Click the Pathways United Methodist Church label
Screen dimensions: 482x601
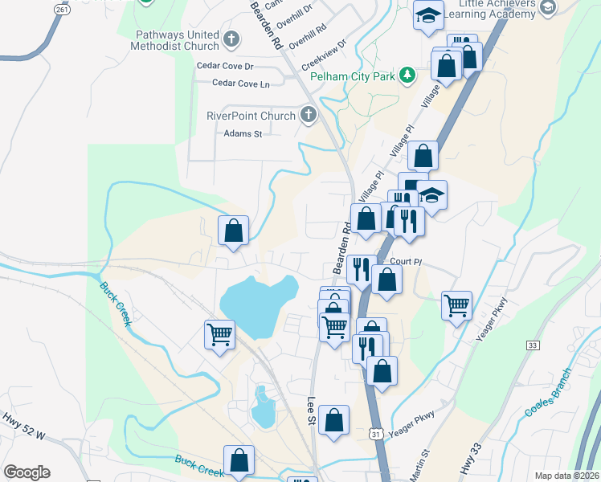tap(166, 40)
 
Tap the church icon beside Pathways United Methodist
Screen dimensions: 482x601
tap(231, 37)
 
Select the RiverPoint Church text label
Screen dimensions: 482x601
tap(251, 116)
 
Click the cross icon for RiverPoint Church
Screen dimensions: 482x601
tap(309, 116)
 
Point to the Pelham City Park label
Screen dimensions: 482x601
tap(354, 77)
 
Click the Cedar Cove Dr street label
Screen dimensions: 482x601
tap(226, 66)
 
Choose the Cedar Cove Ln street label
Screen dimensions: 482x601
tap(241, 83)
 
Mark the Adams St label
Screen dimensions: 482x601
tap(243, 133)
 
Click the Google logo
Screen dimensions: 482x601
tap(27, 472)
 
